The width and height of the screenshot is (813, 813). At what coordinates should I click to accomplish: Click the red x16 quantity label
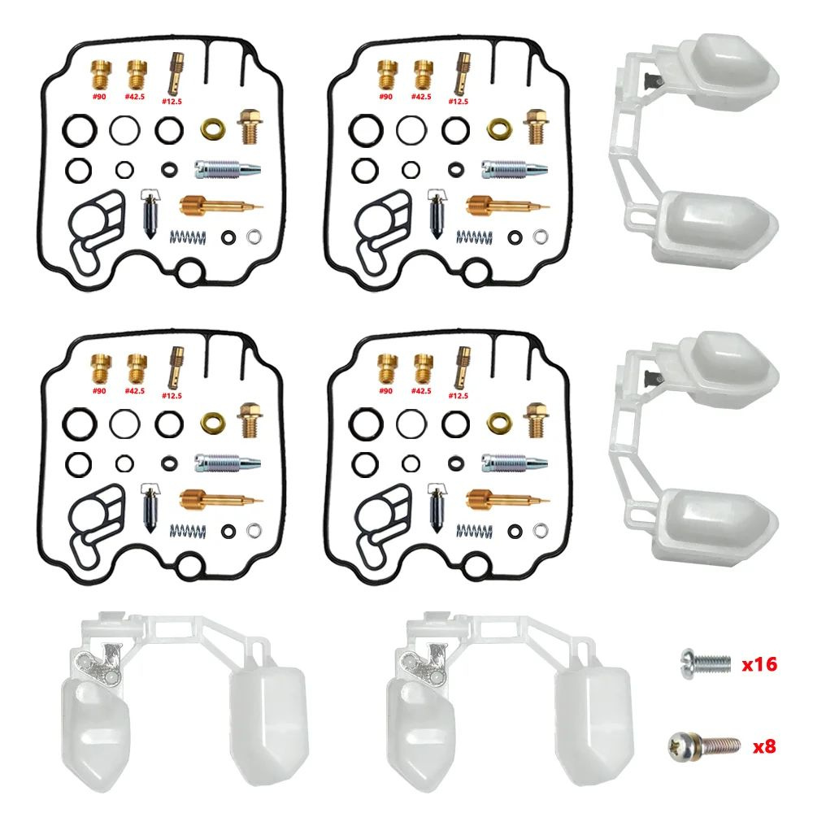coord(759,664)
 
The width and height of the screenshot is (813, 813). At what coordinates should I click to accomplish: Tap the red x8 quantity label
coord(763,746)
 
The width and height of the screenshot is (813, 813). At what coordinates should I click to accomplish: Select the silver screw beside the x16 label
coord(706,663)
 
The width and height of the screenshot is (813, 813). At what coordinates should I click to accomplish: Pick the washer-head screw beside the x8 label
coord(704,746)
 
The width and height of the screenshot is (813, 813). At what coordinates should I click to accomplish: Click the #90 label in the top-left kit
coord(98,97)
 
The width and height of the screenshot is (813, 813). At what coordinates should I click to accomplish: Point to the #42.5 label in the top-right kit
coord(421,97)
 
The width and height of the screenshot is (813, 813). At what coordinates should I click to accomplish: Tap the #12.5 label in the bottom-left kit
coord(172,396)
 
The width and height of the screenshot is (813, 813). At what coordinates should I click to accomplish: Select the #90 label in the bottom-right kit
coord(385,391)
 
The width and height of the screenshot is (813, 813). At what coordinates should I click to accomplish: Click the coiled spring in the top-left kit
coord(188,237)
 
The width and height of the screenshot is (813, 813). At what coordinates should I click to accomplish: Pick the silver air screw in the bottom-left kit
coord(228,463)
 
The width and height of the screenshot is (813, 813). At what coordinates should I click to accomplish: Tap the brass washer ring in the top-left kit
coord(213,128)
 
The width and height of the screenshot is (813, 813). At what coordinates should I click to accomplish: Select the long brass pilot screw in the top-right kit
coord(508,207)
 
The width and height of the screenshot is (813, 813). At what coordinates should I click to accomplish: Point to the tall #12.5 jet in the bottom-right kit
coord(462,367)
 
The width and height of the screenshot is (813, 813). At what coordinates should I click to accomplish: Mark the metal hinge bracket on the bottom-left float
coord(101,665)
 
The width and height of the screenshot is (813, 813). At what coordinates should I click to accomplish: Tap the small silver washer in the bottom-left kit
coord(254,530)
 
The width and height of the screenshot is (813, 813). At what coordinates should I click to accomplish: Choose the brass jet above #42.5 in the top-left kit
coord(137,75)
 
